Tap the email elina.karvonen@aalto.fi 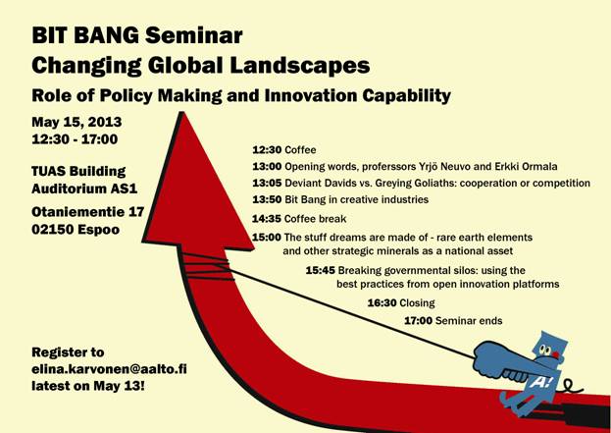[114, 369]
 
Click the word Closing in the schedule [418, 303]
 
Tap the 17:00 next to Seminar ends [419, 321]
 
